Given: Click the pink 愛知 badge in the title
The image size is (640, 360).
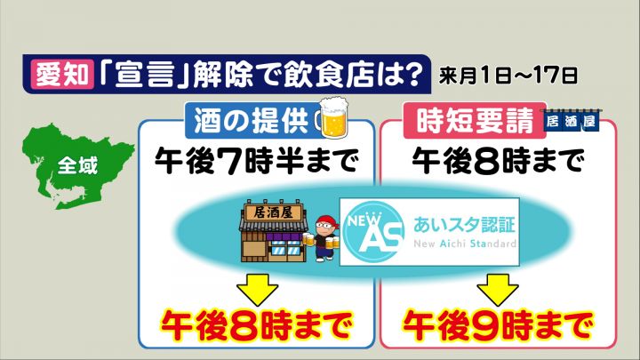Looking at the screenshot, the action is point(62,75).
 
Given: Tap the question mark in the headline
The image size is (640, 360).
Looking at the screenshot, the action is point(410,74).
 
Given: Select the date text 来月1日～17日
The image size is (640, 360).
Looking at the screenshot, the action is point(508,76).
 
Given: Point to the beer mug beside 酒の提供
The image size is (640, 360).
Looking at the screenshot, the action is point(333,117).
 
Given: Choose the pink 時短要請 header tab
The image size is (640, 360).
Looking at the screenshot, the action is point(475,120).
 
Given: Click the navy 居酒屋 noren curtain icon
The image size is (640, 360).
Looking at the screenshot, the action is point(570,120).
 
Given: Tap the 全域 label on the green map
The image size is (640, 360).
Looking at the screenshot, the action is point(77,166).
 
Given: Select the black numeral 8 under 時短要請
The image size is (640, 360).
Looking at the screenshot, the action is point(487,161).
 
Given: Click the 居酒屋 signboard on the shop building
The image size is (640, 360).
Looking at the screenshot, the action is point(273,212).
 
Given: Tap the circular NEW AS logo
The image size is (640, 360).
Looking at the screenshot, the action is point(373,231).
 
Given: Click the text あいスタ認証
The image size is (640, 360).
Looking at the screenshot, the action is point(465,225).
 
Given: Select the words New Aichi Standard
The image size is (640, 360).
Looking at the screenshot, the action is point(465,244).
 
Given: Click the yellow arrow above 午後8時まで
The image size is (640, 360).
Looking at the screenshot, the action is point(258,289).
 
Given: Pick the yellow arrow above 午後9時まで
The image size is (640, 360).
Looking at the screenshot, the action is point(498,289).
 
